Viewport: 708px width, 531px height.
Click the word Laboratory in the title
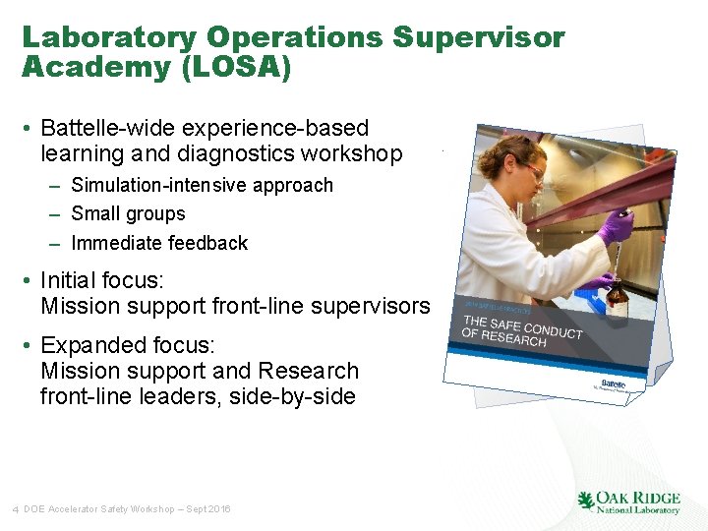[109, 38]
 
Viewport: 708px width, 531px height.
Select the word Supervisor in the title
[479, 38]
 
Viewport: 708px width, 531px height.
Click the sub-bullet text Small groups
[128, 214]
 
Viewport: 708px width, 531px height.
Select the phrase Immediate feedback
[159, 243]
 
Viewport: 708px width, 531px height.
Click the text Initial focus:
[102, 280]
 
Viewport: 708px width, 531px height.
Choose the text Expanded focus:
[127, 346]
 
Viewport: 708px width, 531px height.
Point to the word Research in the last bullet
[308, 372]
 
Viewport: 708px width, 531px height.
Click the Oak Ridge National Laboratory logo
[628, 502]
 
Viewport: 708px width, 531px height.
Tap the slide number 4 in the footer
[16, 509]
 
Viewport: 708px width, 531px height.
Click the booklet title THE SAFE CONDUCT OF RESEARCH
[521, 331]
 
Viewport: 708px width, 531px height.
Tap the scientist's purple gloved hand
[617, 225]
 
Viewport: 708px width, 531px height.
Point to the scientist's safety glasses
[531, 171]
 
